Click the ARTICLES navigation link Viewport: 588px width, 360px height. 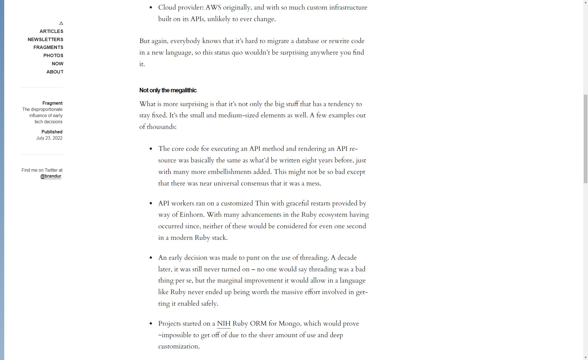coord(51,31)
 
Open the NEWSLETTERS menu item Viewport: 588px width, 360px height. coord(45,39)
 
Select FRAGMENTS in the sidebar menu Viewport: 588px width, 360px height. coord(48,47)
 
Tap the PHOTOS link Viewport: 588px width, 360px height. coord(53,55)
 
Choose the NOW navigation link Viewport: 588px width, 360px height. coord(57,64)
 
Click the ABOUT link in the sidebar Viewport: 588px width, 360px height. coord(55,72)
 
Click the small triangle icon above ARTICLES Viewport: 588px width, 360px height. coord(61,23)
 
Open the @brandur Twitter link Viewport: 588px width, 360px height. coord(51,176)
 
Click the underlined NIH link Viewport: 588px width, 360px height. coord(224,324)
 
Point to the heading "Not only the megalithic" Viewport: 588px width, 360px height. coord(168,90)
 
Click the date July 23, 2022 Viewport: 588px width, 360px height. coord(49,138)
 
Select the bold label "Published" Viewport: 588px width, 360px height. coord(52,132)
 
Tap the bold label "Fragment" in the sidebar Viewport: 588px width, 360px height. coord(52,103)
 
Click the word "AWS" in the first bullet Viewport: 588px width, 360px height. coord(213,8)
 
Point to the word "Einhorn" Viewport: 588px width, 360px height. coord(191,215)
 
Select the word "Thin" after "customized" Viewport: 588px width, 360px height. coord(262,204)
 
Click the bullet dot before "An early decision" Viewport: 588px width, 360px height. coord(151,258)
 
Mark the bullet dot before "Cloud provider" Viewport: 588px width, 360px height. coord(151,8)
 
